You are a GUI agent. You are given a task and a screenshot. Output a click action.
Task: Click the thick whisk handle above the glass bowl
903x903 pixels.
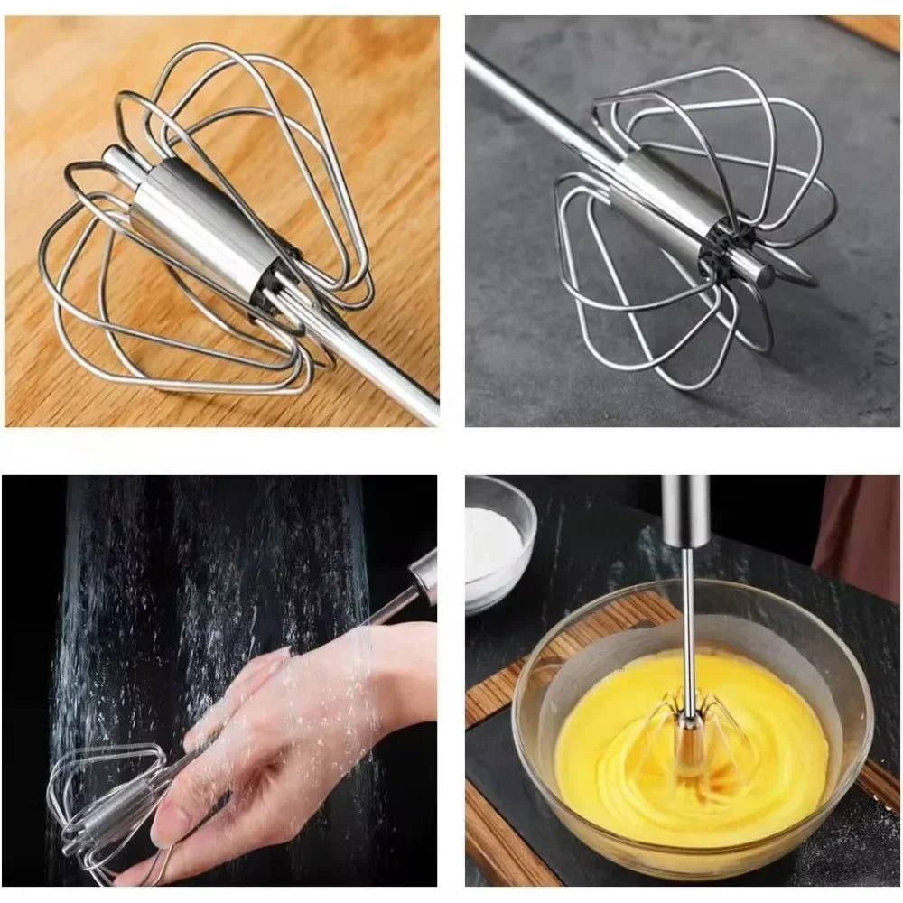[x=685, y=510]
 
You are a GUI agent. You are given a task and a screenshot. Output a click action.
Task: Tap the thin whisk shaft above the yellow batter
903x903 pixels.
[x=688, y=623]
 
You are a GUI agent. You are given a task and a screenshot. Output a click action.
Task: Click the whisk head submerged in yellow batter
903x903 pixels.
[x=691, y=731]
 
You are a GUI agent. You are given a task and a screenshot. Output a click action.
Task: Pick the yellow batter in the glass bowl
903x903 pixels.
[x=614, y=749]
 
